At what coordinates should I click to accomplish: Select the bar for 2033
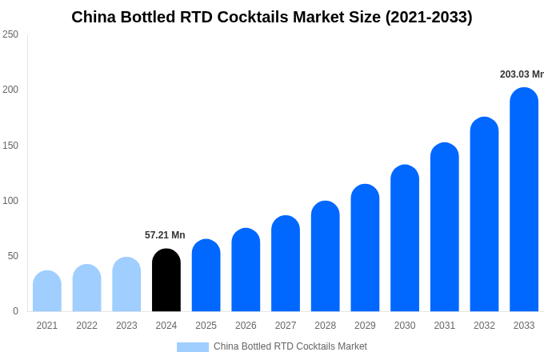(x=524, y=200)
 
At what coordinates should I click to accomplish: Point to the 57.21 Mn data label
(x=165, y=235)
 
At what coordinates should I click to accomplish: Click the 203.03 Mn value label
(x=522, y=74)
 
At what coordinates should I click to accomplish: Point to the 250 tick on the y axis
(x=10, y=34)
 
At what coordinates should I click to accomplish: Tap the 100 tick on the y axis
(x=10, y=201)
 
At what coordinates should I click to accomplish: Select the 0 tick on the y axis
(x=15, y=311)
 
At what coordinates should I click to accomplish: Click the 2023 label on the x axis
(x=126, y=326)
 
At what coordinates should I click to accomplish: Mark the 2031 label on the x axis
(x=445, y=326)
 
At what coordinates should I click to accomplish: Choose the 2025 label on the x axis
(x=206, y=326)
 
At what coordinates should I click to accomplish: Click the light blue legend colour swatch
(x=193, y=347)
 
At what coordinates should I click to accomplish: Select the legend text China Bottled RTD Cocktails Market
(x=290, y=346)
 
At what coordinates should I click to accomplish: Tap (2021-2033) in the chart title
(x=429, y=17)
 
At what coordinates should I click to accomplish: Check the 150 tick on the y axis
(x=10, y=146)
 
